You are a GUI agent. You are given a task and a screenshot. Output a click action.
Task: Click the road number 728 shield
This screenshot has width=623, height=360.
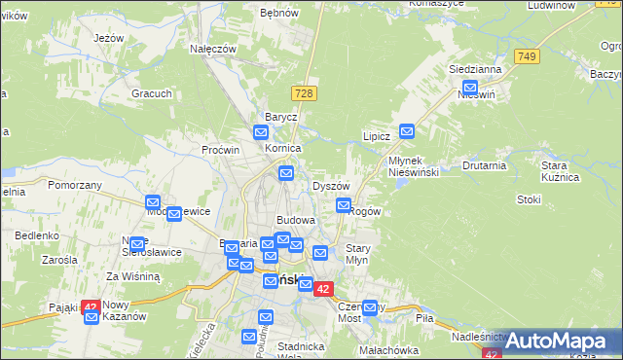point(305,92)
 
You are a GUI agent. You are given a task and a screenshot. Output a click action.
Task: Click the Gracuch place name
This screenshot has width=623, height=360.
point(153,93)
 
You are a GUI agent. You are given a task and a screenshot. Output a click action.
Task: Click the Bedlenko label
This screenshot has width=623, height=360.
point(37,235)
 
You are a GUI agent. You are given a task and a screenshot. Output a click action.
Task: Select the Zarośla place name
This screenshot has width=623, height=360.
point(59,261)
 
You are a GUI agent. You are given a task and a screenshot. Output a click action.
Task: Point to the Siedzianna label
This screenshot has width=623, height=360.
point(475,70)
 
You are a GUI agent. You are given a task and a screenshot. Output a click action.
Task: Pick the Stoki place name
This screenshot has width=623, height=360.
point(530,199)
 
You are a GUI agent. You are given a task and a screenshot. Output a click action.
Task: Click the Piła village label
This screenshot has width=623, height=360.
point(424,318)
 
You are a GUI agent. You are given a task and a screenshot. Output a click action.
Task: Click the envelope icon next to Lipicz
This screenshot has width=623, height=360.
point(407,130)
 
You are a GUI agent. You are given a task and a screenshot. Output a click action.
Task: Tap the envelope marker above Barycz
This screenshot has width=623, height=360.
point(261,132)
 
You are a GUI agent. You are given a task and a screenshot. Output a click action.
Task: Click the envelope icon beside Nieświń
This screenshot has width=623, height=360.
point(469,88)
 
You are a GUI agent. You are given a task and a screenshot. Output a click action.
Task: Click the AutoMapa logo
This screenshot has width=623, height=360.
point(555,341)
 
